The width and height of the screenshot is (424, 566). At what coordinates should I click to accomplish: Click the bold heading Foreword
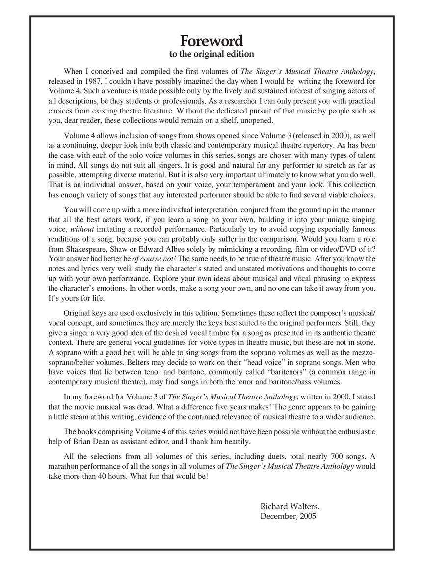click(212, 40)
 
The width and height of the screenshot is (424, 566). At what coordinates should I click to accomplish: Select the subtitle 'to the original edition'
click(212, 54)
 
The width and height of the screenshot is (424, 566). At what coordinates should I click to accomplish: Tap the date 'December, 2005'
click(289, 516)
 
